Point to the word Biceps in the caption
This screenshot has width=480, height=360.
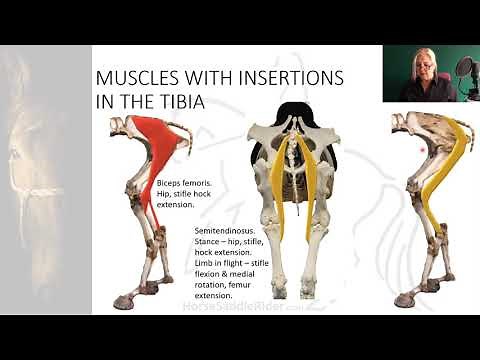click(170, 184)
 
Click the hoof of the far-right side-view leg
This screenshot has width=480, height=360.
click(404, 298)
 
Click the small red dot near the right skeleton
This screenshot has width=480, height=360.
click(424, 150)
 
